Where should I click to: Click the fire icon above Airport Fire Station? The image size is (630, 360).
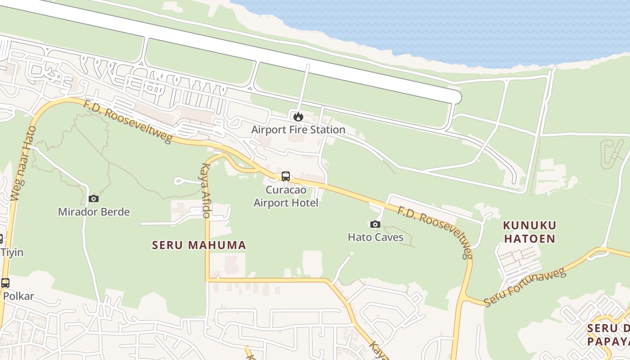[x=298, y=117]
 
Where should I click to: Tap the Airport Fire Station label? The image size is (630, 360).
[x=298, y=130]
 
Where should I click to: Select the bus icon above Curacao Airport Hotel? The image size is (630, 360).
[x=286, y=176]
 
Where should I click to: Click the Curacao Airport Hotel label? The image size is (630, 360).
[x=286, y=196]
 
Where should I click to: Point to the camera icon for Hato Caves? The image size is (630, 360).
[x=375, y=224]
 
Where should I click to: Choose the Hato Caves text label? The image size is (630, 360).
[x=375, y=237]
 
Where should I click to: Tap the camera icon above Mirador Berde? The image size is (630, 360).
[x=94, y=198]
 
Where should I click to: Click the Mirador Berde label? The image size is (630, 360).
[x=94, y=211]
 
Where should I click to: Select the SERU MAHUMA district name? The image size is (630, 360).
[x=199, y=245]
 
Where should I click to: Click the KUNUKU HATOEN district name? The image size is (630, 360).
[x=530, y=231]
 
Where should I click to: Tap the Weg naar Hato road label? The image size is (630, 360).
[x=23, y=164]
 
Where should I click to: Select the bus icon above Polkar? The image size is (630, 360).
[x=5, y=283]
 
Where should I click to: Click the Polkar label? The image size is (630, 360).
[x=18, y=296]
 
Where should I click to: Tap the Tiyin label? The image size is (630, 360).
[x=12, y=252]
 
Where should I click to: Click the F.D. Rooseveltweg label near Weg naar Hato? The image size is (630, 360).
[x=127, y=121]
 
